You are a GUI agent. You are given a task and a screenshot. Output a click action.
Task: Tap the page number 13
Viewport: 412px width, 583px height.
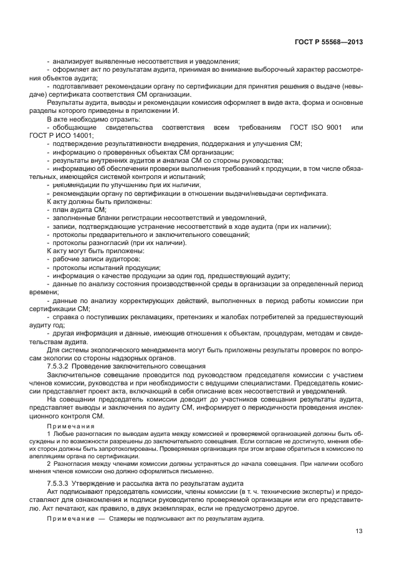coord(359,531)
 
